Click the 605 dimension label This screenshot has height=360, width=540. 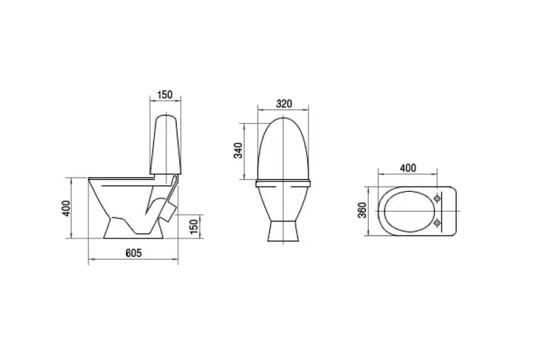point(133,253)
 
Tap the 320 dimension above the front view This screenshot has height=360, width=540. point(284,104)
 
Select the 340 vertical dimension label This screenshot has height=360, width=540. point(238,150)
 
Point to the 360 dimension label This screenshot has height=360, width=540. point(362,210)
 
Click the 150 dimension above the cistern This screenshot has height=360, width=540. point(164,94)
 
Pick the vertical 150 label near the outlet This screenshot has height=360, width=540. point(194,226)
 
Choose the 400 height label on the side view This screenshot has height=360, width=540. point(66,208)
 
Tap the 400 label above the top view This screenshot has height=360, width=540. point(408,168)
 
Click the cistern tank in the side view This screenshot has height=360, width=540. point(166,145)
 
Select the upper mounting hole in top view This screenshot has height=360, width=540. point(437,199)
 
